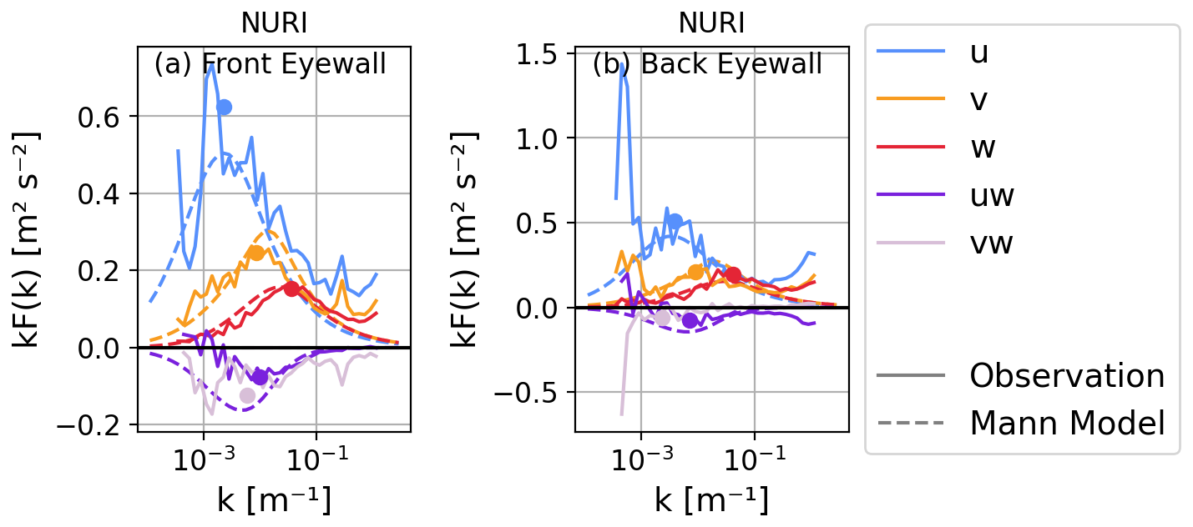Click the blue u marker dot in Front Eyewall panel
click(224, 107)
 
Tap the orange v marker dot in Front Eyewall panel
click(256, 253)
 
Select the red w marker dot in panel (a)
click(291, 289)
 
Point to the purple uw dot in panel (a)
click(260, 377)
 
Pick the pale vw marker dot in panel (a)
click(247, 395)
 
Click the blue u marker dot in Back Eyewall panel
click(675, 221)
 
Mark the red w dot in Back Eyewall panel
click(733, 274)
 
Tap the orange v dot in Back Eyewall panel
click(695, 271)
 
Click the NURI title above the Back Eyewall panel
click(711, 23)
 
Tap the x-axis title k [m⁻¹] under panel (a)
click(273, 500)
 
